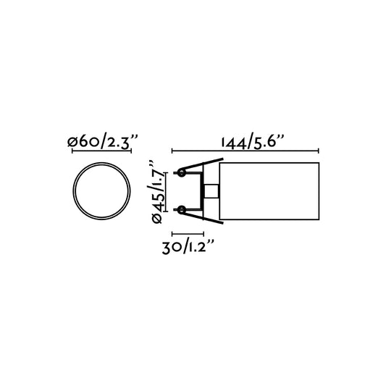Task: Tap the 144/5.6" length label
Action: pos(245,141)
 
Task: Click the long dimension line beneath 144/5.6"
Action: pos(245,151)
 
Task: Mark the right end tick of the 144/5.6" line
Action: pos(318,151)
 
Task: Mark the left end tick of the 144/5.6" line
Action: pos(172,151)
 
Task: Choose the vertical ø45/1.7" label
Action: pos(157,191)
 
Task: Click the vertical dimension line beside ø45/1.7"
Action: pos(167,191)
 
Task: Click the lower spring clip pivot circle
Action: pos(181,210)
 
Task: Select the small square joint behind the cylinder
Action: pos(211,191)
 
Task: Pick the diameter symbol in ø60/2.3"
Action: pos(72,143)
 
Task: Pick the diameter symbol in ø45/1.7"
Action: pos(157,220)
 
